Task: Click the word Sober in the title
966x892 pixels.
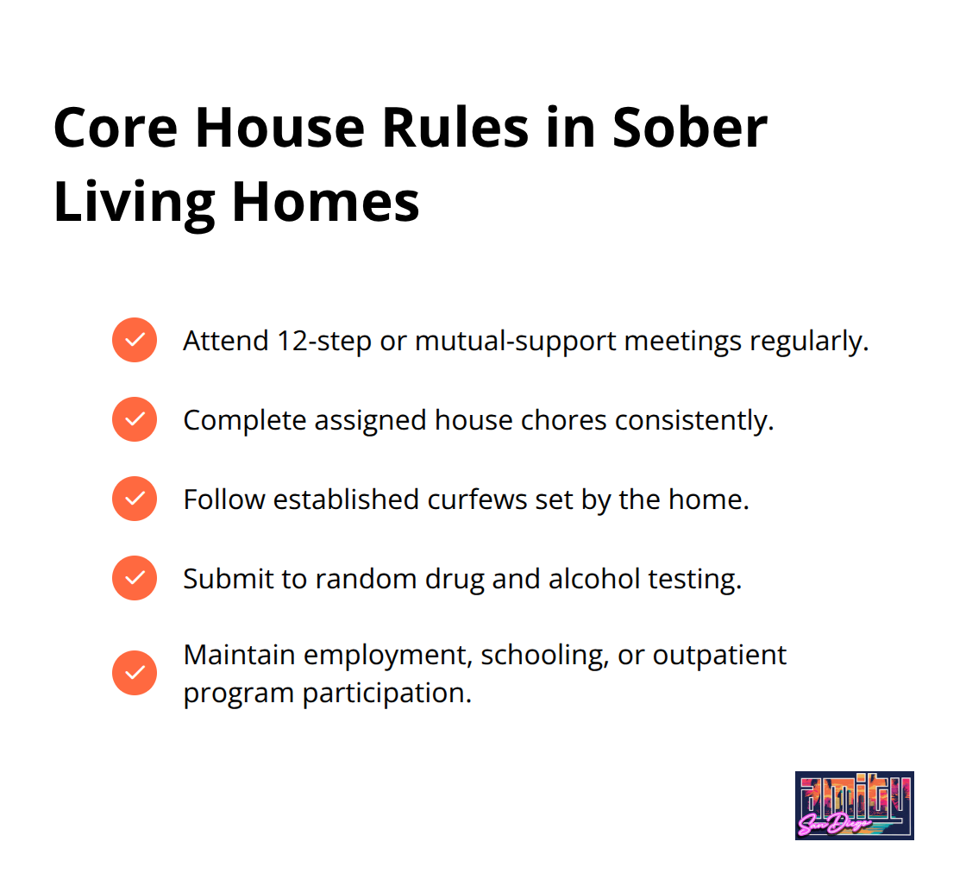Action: point(689,129)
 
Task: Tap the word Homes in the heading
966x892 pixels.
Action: point(325,202)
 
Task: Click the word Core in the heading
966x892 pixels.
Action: point(116,129)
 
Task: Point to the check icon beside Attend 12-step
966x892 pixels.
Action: point(135,340)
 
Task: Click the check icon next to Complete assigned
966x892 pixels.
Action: point(135,419)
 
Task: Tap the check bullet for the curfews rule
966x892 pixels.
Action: point(135,499)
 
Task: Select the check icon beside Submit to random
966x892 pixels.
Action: point(135,579)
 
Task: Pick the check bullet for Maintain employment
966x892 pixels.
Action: point(135,673)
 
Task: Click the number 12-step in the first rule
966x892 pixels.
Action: point(324,342)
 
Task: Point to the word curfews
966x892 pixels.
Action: point(478,499)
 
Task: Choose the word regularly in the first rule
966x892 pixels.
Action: point(809,342)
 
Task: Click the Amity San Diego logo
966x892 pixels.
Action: point(855,805)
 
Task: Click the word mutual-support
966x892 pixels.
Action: point(516,342)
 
